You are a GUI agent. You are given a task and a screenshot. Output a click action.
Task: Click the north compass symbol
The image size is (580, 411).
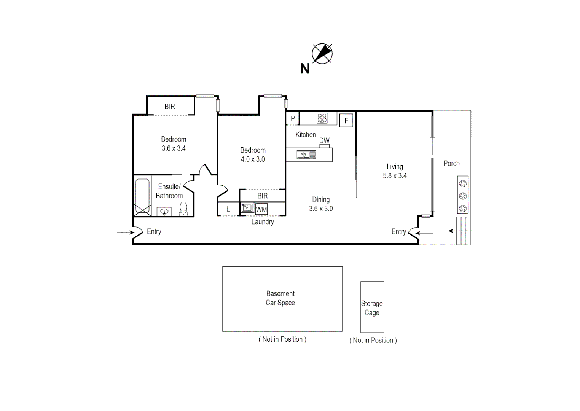[322, 53]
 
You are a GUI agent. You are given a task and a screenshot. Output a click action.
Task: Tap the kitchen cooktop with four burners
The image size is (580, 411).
[322, 118]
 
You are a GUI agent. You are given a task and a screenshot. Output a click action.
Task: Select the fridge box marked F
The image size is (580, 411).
[346, 121]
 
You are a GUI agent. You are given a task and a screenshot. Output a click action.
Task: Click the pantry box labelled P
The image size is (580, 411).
[292, 119]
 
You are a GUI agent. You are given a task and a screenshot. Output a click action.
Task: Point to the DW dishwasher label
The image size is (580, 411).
[324, 140]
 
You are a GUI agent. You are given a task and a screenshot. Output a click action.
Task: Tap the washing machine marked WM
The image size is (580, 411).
[261, 209]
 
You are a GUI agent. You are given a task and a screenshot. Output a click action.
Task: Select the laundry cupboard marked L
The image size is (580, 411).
[228, 209]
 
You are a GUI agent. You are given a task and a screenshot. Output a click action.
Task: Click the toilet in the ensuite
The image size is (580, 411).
[183, 209]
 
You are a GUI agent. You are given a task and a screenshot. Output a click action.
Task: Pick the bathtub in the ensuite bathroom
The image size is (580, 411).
[142, 197]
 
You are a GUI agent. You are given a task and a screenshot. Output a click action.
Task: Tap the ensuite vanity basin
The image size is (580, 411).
[164, 211]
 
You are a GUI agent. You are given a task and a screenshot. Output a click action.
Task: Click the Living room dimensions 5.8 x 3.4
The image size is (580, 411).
[395, 176]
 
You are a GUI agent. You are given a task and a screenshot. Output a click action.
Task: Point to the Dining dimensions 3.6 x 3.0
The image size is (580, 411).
[321, 209]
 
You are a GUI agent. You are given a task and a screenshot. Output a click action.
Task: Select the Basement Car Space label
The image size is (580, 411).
[280, 298]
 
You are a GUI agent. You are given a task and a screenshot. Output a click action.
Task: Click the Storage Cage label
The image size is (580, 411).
[372, 308]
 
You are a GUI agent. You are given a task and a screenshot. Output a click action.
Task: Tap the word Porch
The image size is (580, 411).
[451, 163]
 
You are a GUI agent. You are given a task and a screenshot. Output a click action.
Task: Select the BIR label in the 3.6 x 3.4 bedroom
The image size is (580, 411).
[170, 107]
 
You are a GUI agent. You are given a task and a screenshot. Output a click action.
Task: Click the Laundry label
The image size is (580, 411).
[262, 221]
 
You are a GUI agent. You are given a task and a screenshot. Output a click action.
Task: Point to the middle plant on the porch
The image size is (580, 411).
[463, 196]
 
